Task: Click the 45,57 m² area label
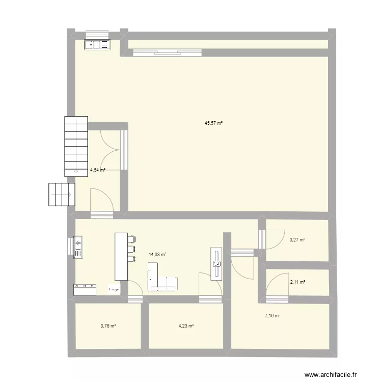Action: (x=214, y=123)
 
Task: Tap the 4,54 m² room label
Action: (x=98, y=170)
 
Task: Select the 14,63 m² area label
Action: (x=157, y=255)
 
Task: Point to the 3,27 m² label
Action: (x=297, y=239)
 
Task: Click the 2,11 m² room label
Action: (x=297, y=282)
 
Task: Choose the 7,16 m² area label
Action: (x=272, y=316)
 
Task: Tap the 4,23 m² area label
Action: (x=187, y=326)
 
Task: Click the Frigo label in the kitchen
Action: (x=114, y=289)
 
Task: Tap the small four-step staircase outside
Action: (x=62, y=194)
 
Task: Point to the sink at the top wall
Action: (x=97, y=45)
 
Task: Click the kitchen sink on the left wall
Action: (x=79, y=248)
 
